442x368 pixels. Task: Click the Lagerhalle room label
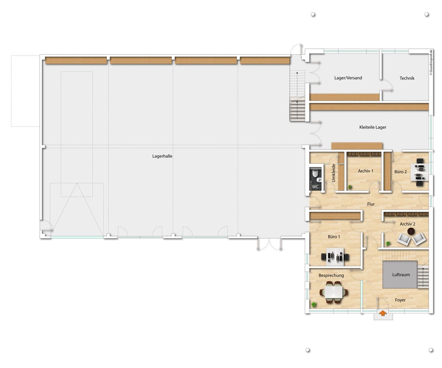[162, 156]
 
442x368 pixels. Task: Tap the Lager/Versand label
[348, 78]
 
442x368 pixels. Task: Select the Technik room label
[407, 78]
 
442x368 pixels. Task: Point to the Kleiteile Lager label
[373, 127]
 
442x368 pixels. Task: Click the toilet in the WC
[315, 173]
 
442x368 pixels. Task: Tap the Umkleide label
[333, 173]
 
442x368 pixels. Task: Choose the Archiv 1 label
[366, 171]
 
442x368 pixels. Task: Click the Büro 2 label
[400, 172]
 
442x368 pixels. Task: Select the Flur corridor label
[371, 204]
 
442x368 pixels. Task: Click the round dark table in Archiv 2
[411, 231]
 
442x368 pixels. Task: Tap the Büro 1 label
[334, 237]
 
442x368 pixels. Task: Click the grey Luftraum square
[400, 275]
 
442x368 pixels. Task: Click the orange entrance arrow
[383, 313]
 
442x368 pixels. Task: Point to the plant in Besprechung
[314, 305]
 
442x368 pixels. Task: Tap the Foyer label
[400, 300]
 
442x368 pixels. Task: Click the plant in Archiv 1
[350, 187]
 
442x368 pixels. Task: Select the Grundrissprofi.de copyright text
[431, 62]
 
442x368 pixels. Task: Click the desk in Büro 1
[335, 257]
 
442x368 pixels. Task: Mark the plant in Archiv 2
[388, 244]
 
